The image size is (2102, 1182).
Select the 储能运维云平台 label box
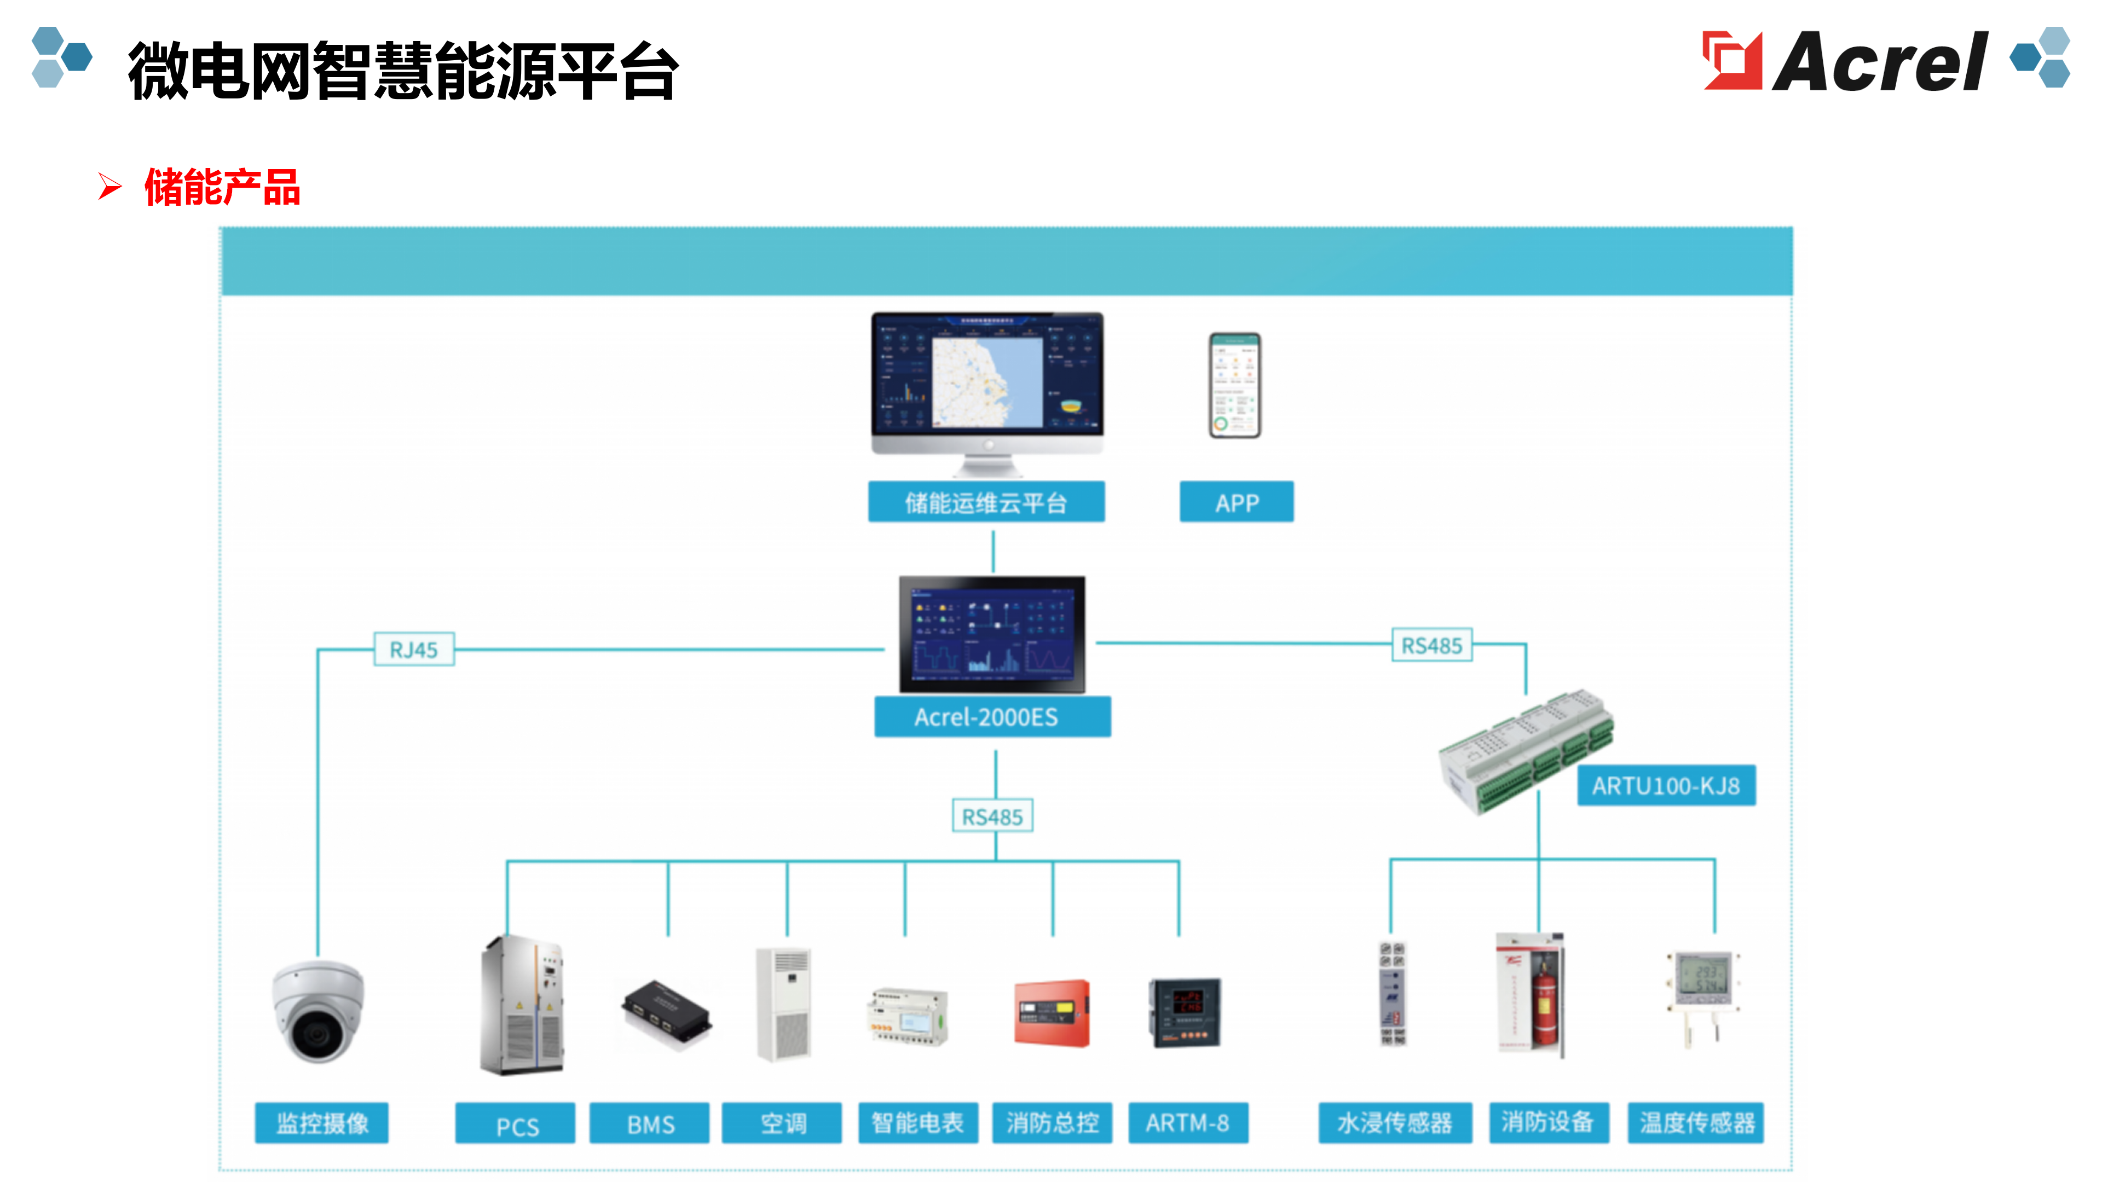tap(986, 502)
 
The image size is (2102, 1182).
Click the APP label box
tap(1236, 502)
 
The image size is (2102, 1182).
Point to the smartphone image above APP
tap(1234, 385)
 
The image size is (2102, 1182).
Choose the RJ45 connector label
tap(414, 650)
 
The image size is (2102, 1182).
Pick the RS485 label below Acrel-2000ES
tap(992, 816)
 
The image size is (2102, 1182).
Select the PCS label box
tap(515, 1124)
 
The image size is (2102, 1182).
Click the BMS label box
tap(650, 1124)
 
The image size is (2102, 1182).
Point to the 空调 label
tap(782, 1124)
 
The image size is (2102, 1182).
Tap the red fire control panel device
tap(1052, 1012)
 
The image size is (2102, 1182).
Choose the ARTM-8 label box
tap(1187, 1124)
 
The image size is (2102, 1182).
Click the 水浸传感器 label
tap(1395, 1124)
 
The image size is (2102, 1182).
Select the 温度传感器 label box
tap(1696, 1124)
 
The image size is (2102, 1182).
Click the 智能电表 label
tap(917, 1124)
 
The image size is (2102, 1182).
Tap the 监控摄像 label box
tap(321, 1124)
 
